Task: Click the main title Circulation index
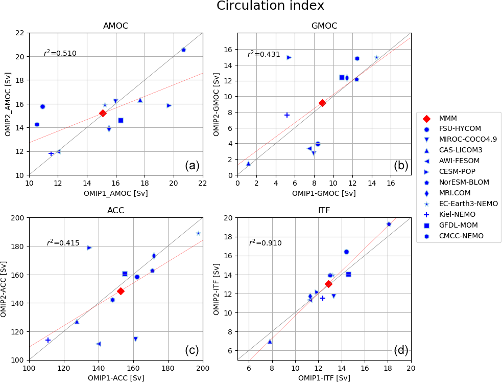point(270,6)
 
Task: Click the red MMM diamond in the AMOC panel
point(103,113)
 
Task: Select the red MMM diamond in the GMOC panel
point(322,103)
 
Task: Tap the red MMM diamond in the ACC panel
point(121,291)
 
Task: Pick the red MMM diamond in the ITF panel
point(328,284)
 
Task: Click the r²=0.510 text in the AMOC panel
point(60,53)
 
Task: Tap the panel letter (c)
point(192,350)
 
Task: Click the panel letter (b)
point(401,165)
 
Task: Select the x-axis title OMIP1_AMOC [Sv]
point(116,194)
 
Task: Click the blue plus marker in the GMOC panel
point(287,115)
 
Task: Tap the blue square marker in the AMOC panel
point(121,120)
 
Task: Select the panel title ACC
point(116,211)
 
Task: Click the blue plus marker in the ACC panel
point(48,340)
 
